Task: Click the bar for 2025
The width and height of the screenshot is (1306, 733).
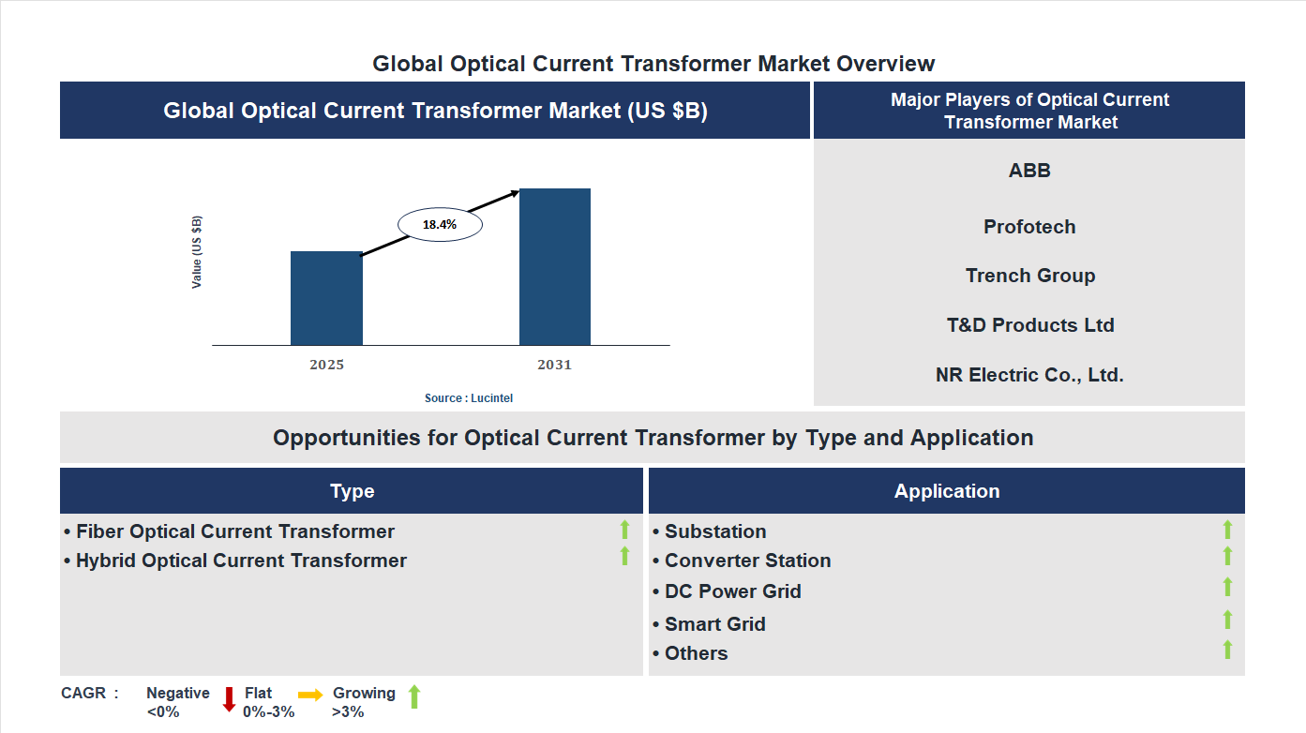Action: [x=326, y=298]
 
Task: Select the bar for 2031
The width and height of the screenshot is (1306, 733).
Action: [x=555, y=267]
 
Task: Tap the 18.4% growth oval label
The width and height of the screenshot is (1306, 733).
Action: [x=440, y=225]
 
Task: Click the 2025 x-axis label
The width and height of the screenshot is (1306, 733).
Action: [x=326, y=365]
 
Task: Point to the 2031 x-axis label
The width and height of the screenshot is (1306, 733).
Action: [x=554, y=365]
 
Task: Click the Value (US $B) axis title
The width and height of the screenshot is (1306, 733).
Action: [x=197, y=252]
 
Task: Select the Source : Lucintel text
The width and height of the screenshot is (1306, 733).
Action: [x=469, y=398]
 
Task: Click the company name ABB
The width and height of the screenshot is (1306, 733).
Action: [x=1029, y=171]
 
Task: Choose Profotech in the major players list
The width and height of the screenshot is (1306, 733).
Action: [x=1029, y=227]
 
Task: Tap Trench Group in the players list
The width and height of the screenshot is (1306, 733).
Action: [x=1029, y=276]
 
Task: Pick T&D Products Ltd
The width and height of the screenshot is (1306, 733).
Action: [x=1029, y=325]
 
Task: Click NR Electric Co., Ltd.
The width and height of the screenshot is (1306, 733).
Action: [x=1029, y=375]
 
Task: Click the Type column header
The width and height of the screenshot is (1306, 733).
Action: [x=352, y=491]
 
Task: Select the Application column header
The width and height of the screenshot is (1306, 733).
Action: [x=946, y=491]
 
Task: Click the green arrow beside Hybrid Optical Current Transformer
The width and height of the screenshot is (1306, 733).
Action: [x=624, y=556]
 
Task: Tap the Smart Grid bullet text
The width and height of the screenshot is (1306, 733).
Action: [x=715, y=624]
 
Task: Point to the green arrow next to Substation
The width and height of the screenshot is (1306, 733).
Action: [x=1227, y=530]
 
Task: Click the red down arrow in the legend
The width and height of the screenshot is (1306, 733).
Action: [x=229, y=699]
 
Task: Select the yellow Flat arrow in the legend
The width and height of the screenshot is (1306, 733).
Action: [x=310, y=695]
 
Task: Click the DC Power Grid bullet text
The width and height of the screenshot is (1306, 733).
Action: [x=732, y=591]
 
